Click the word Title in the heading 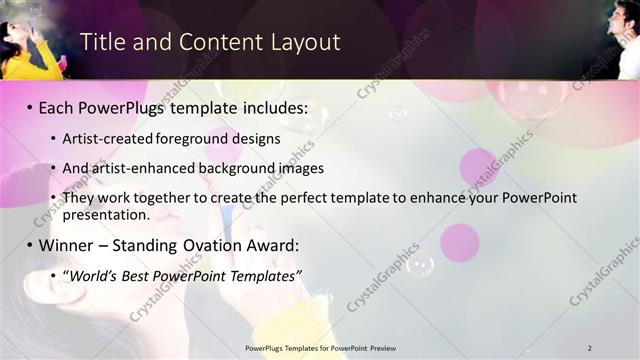tap(102, 42)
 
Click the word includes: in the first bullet tap(274, 107)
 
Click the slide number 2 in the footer tap(590, 347)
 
